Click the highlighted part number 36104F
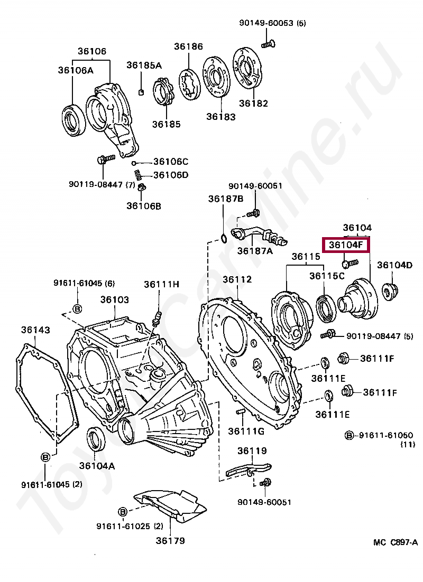345,245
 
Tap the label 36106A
76,70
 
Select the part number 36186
188,46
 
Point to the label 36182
253,103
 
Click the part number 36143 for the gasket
35,330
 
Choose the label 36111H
161,284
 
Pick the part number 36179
170,540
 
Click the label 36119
252,450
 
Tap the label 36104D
395,265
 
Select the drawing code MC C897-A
396,542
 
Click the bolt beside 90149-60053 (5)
268,44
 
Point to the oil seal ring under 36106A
73,120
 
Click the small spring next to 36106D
137,174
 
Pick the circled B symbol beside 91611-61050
349,435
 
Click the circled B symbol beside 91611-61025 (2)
123,512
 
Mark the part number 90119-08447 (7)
102,184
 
